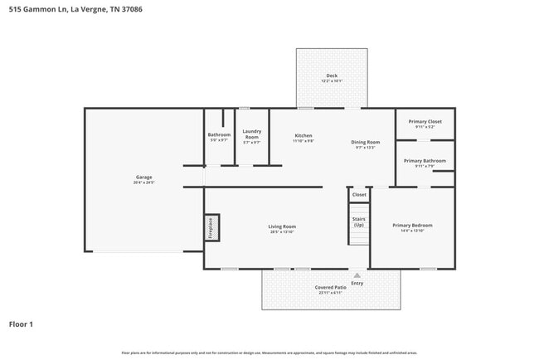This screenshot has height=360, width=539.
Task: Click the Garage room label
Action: (143, 177)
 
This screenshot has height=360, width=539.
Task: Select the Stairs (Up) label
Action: (359, 221)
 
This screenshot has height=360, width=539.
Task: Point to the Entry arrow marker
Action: (357, 275)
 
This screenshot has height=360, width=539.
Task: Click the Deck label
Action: (331, 76)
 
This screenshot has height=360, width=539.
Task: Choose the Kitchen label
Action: (303, 135)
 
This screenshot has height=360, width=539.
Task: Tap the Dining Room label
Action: (366, 142)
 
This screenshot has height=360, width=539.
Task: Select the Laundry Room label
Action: (251, 134)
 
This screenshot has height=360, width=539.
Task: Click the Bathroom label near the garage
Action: (219, 134)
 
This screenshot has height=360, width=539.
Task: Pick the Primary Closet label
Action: (425, 122)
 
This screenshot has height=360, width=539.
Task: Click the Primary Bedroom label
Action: (412, 225)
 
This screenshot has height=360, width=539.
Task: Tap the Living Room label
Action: (282, 226)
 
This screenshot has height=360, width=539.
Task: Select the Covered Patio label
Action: (330, 287)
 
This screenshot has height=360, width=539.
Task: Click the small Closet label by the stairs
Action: (359, 195)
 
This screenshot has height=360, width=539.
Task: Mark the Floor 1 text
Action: (21, 324)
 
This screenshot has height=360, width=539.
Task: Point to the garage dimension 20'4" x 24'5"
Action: (143, 182)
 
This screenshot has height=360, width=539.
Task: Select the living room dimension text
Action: (282, 231)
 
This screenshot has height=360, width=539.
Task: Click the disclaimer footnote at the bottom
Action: (269, 353)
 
